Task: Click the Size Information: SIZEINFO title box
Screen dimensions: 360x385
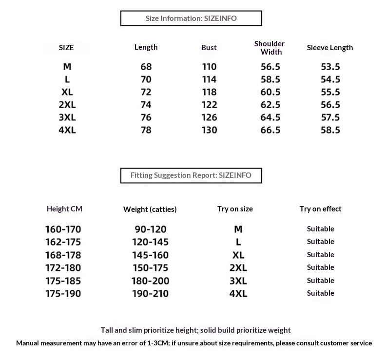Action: click(191, 19)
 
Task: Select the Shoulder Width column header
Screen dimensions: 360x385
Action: click(269, 48)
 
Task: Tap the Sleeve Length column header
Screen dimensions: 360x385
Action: click(329, 48)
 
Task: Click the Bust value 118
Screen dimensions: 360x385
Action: click(209, 92)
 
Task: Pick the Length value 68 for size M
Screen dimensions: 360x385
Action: click(146, 67)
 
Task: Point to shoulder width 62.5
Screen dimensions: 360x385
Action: click(271, 105)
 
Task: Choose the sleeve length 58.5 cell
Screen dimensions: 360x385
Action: click(330, 130)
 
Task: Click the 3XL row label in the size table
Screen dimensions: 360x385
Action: click(67, 117)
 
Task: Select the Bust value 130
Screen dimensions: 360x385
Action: click(209, 130)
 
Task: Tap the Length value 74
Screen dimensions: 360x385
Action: click(146, 105)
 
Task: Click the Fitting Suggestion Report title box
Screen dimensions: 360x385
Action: click(191, 175)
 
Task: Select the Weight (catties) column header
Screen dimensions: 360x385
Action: click(150, 209)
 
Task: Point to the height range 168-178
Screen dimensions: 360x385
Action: click(63, 255)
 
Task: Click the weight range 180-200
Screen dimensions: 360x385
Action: click(150, 281)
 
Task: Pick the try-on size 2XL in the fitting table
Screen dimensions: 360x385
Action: click(238, 268)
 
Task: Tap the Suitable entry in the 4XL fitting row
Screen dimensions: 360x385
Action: click(320, 293)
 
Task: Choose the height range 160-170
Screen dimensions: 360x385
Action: click(63, 229)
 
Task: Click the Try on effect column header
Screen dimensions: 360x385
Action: click(320, 209)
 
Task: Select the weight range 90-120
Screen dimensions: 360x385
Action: click(150, 229)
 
